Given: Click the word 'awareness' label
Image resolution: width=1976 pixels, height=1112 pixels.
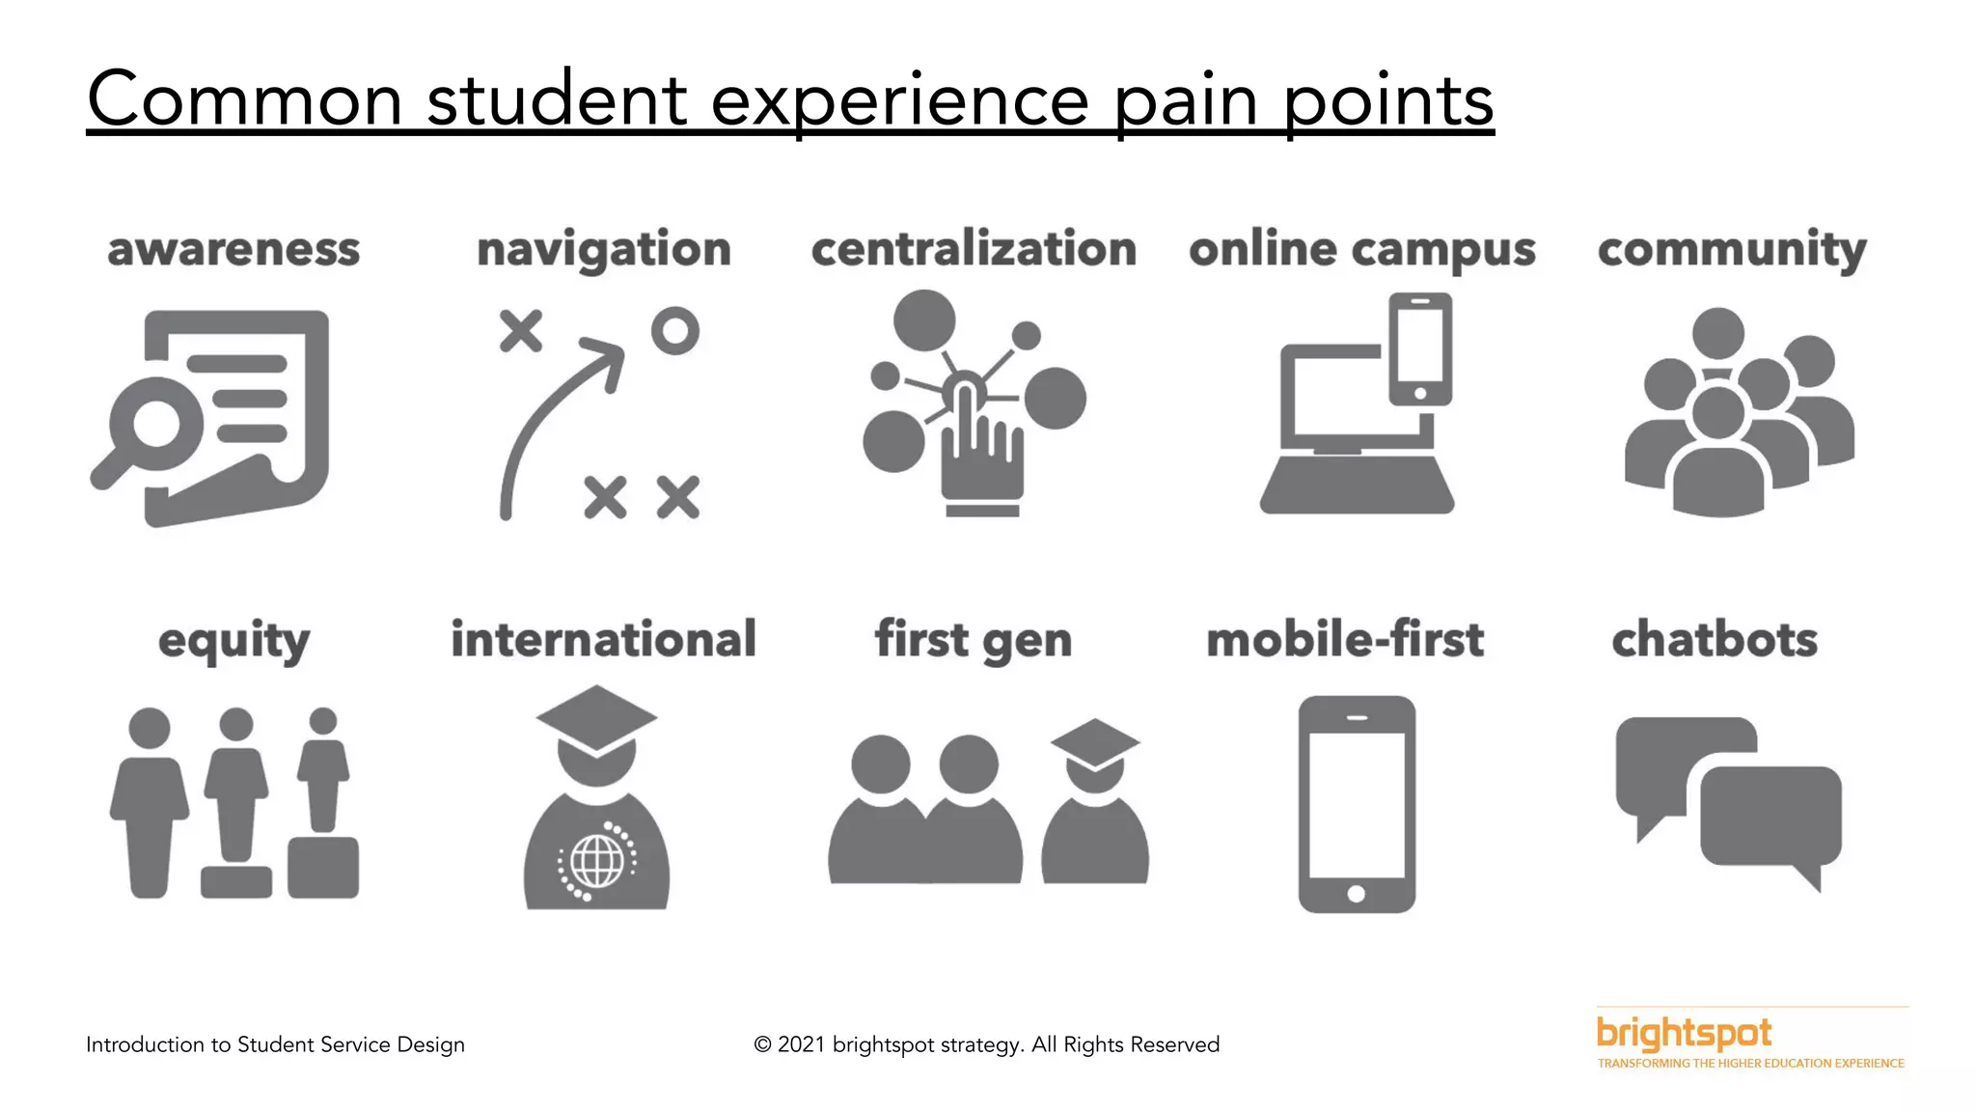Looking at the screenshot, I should coord(233,250).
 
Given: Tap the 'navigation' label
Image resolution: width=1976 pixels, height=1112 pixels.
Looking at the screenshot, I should coord(604,250).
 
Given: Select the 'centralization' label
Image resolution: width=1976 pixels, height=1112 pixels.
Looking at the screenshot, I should coord(974,249).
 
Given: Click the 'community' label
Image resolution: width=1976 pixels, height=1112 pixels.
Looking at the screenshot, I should coord(1732,250).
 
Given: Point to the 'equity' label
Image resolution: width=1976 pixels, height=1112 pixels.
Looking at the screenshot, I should coord(234,641).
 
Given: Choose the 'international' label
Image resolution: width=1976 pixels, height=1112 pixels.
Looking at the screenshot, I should coord(604,639).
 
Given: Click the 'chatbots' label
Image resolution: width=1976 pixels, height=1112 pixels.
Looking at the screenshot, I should coord(1715,640).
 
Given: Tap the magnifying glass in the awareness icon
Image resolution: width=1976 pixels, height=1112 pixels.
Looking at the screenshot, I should coord(154,423).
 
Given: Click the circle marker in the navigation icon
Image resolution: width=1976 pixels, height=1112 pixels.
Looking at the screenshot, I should coord(674,331).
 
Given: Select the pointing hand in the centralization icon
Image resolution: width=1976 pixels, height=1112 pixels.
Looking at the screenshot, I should coord(979,454).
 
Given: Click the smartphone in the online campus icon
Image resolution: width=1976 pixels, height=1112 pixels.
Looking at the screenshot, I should coord(1419,348).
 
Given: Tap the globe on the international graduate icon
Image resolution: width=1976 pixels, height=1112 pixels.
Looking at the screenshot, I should coord(597,860).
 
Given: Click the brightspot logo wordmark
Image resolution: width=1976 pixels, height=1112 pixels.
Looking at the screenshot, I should coord(1684,1034).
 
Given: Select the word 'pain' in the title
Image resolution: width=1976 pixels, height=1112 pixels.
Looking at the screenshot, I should coord(1186,101).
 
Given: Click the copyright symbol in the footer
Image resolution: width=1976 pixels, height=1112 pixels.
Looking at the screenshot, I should coord(762,1044).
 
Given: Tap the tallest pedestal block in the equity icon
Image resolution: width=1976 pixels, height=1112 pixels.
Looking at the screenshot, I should coord(323,867).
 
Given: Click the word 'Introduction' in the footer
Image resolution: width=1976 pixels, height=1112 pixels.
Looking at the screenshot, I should coord(145,1044).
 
